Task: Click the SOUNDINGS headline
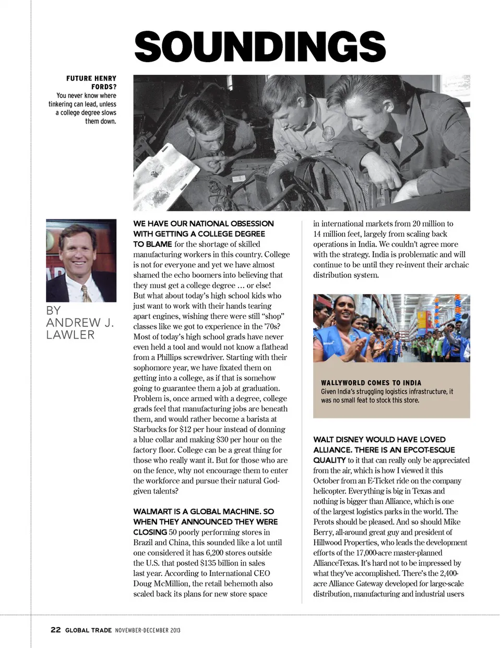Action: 260,46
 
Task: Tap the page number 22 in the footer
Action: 55,630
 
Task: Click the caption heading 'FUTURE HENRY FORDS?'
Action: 91,83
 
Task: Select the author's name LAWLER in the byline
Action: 70,335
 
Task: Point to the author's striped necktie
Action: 86,293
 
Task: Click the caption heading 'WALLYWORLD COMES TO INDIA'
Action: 371,383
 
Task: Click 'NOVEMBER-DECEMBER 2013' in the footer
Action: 148,630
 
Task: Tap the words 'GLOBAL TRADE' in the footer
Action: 88,630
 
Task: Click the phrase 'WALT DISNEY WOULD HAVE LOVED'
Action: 379,440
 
